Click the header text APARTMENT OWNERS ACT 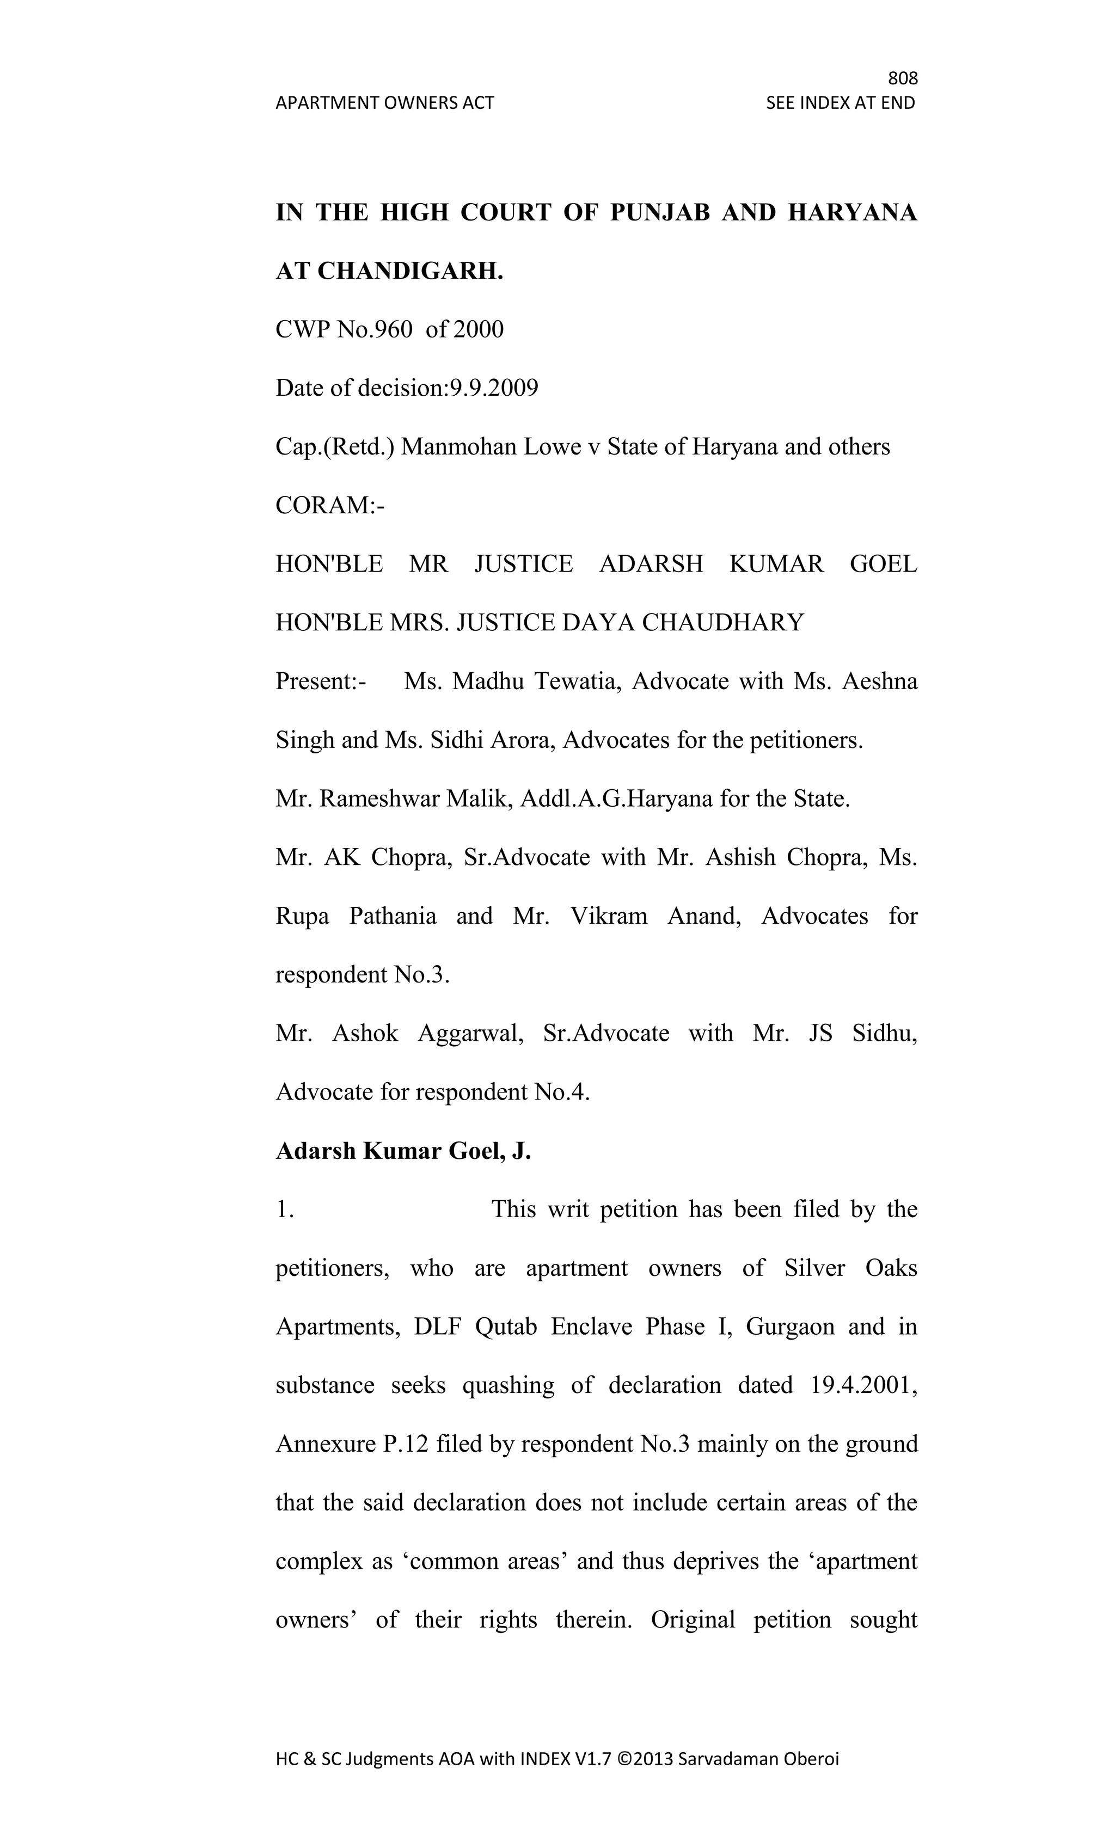[x=384, y=103]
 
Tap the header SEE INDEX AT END [x=840, y=103]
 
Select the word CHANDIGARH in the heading [x=410, y=271]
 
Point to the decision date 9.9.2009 [x=492, y=388]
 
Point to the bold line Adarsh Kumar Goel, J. [x=403, y=1151]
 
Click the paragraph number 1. [x=285, y=1210]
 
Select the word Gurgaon [x=790, y=1327]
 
